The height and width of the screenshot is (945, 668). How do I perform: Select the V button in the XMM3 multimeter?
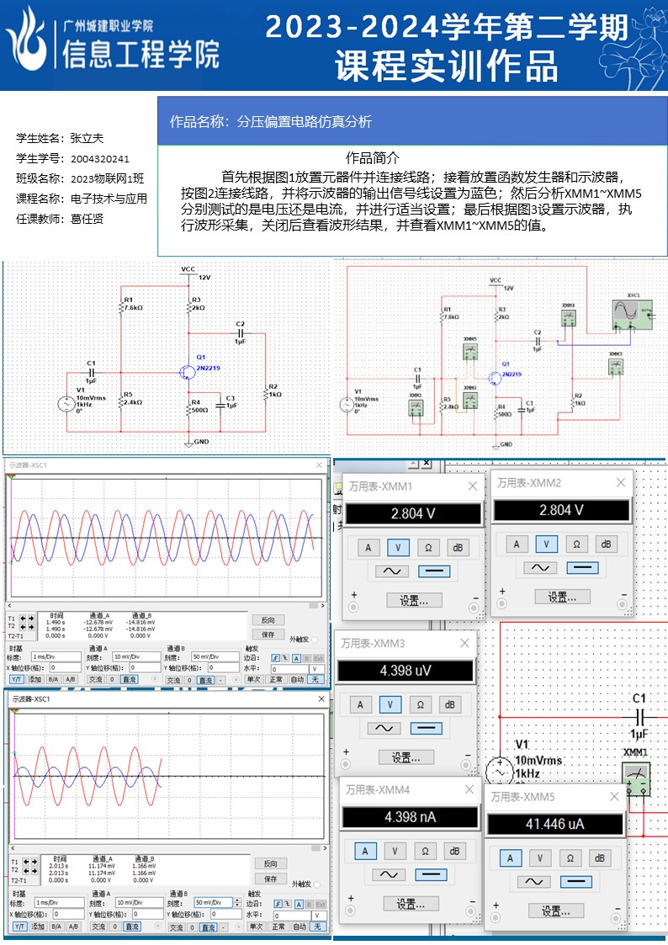(x=390, y=704)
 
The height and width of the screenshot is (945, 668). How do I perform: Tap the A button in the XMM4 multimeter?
(x=365, y=851)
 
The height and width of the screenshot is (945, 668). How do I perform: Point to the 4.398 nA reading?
(x=409, y=816)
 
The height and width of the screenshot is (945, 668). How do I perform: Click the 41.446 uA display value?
(x=554, y=824)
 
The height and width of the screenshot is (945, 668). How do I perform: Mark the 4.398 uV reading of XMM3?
(x=405, y=671)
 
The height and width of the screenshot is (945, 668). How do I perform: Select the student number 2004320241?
(x=100, y=158)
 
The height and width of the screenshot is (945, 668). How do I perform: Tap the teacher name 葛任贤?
(x=87, y=219)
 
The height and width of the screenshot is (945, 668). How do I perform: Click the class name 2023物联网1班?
(x=107, y=178)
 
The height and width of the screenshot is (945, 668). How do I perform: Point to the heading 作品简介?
(x=373, y=157)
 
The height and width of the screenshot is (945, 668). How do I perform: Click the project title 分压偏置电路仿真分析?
(x=305, y=121)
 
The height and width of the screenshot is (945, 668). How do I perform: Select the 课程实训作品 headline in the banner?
(x=446, y=66)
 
